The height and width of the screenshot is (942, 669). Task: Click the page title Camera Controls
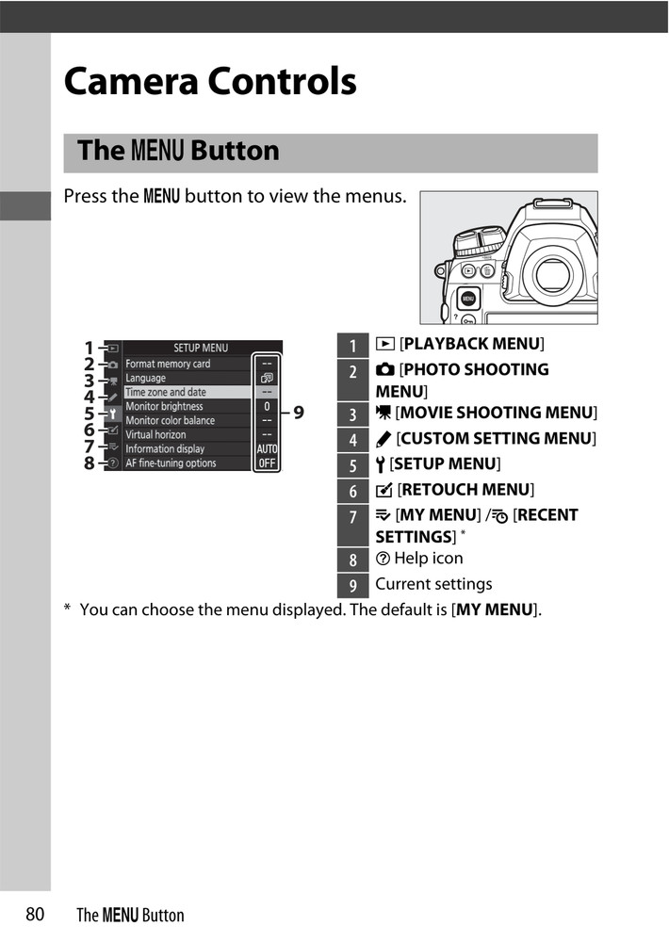(x=210, y=82)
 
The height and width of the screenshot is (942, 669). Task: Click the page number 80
(x=36, y=914)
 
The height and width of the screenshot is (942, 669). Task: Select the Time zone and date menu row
(x=166, y=392)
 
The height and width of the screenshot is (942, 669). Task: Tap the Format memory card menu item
(x=168, y=364)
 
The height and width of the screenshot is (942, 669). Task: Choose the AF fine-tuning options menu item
(x=171, y=463)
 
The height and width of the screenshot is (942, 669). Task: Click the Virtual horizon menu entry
(x=155, y=434)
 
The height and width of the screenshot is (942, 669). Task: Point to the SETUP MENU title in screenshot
(x=200, y=348)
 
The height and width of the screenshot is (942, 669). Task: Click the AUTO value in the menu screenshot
(x=267, y=449)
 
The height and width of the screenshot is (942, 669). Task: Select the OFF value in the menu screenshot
(x=267, y=463)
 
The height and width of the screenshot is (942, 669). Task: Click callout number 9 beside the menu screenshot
(x=298, y=412)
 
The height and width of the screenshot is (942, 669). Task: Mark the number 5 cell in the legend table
(x=353, y=464)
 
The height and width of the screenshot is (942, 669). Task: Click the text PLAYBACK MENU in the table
(x=472, y=344)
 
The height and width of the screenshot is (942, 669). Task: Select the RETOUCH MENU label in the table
(x=465, y=489)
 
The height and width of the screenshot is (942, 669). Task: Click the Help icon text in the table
(x=428, y=558)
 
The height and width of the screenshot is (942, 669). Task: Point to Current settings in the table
(x=433, y=584)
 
